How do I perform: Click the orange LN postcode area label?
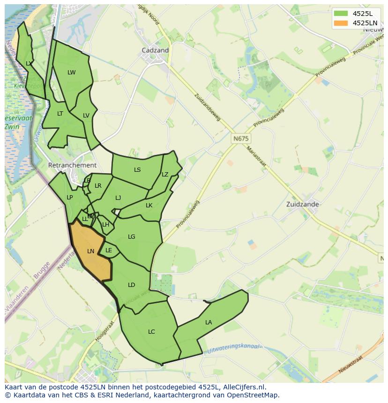coord(90,251)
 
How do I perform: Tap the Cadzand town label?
coord(155,50)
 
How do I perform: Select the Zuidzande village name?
coord(303,204)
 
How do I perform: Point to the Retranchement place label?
coord(72,165)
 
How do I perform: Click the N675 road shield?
coord(241,139)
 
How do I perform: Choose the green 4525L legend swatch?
coord(341,13)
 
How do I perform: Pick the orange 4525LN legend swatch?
coord(341,23)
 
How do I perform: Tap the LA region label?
coord(209,322)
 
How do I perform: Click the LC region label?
coord(151,331)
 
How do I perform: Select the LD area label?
coord(132,285)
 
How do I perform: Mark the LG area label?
coord(132,236)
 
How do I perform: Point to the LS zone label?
coord(137,169)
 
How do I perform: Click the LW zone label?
coord(71,72)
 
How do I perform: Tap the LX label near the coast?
coord(29,63)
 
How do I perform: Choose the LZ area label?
coord(165,174)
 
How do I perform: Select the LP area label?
coord(69,197)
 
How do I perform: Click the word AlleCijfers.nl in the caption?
coord(243,387)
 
